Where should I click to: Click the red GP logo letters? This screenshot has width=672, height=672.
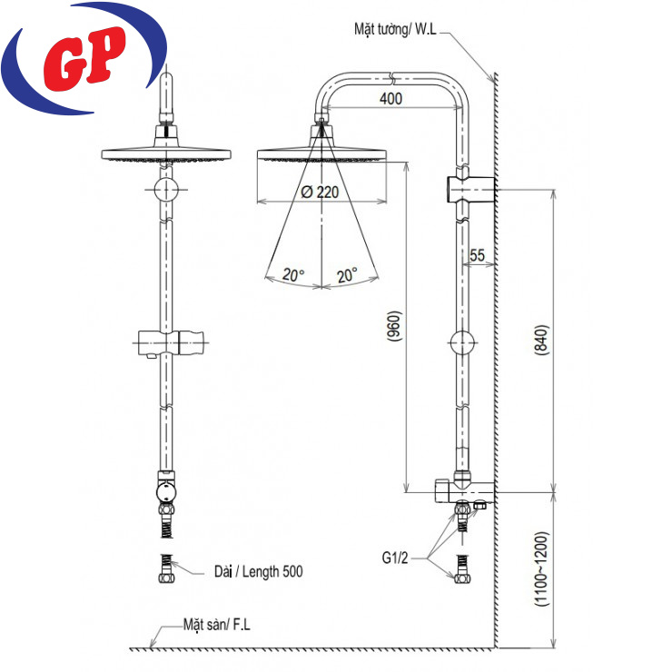[84, 58]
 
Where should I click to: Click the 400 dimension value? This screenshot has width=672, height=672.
[390, 99]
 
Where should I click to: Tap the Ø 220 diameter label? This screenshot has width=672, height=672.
[321, 192]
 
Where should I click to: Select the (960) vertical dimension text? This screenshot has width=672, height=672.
[394, 326]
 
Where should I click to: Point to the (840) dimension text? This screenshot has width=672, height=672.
[541, 340]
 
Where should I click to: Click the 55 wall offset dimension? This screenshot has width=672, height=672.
[477, 255]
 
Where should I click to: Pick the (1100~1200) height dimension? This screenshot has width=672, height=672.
[542, 568]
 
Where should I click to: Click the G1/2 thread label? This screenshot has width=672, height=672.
[395, 558]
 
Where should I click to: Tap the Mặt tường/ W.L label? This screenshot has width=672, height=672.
[395, 29]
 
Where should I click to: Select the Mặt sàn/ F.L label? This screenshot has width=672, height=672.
[216, 625]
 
